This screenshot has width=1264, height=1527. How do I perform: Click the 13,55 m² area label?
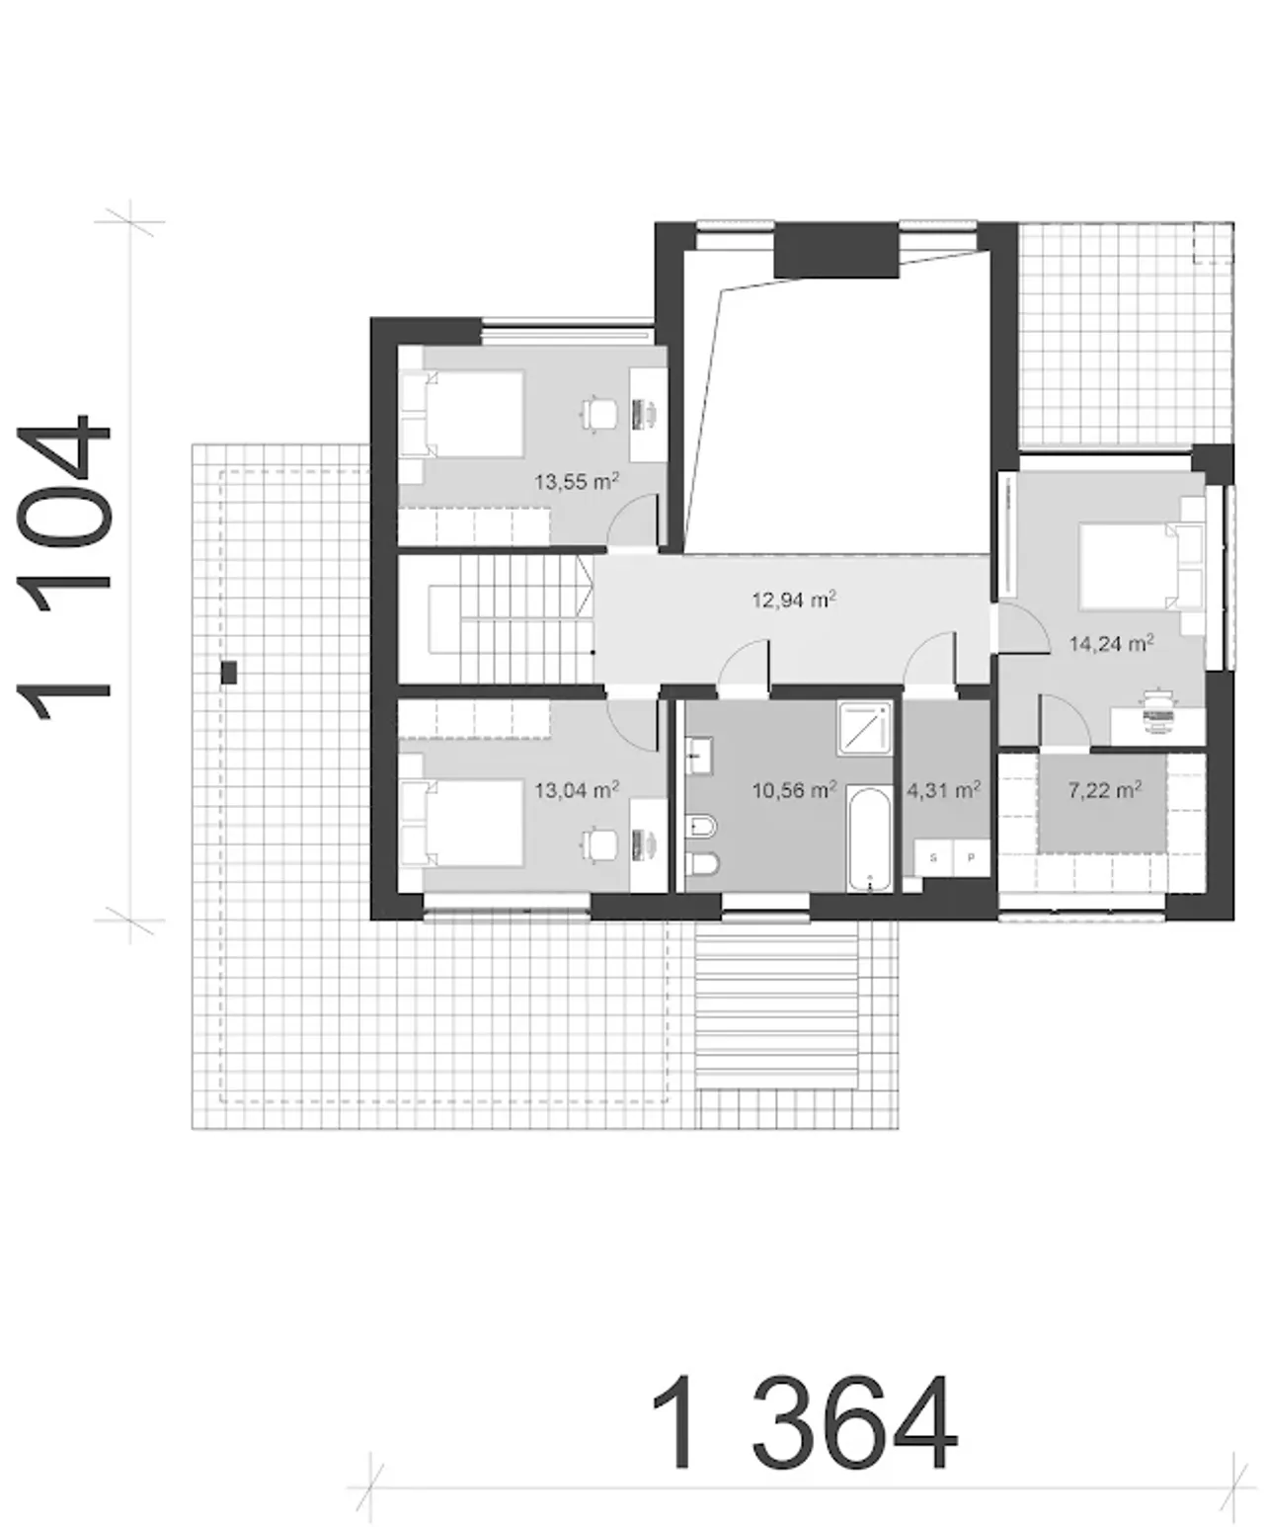(x=577, y=481)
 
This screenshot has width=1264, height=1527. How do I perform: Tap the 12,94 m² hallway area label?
(x=794, y=600)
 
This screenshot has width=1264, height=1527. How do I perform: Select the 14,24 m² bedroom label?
(x=1111, y=643)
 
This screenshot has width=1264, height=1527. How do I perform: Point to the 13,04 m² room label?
(x=577, y=789)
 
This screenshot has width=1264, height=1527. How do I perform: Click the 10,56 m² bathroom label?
(x=794, y=790)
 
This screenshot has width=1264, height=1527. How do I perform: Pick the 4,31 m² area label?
(x=944, y=790)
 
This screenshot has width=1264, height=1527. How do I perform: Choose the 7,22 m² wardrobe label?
(x=1105, y=790)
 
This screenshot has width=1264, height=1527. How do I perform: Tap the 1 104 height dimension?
(x=64, y=567)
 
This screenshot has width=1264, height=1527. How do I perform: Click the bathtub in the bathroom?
(x=871, y=839)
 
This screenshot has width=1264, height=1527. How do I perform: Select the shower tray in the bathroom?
(x=865, y=728)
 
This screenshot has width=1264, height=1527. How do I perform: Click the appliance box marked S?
(x=933, y=858)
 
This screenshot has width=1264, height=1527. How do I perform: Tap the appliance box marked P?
(x=971, y=858)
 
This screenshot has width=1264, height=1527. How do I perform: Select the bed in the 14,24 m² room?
(x=1142, y=565)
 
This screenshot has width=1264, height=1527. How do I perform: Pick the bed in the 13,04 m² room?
(x=462, y=824)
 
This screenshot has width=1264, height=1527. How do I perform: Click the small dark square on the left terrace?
(x=229, y=672)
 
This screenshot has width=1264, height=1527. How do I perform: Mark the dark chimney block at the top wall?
(x=835, y=250)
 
